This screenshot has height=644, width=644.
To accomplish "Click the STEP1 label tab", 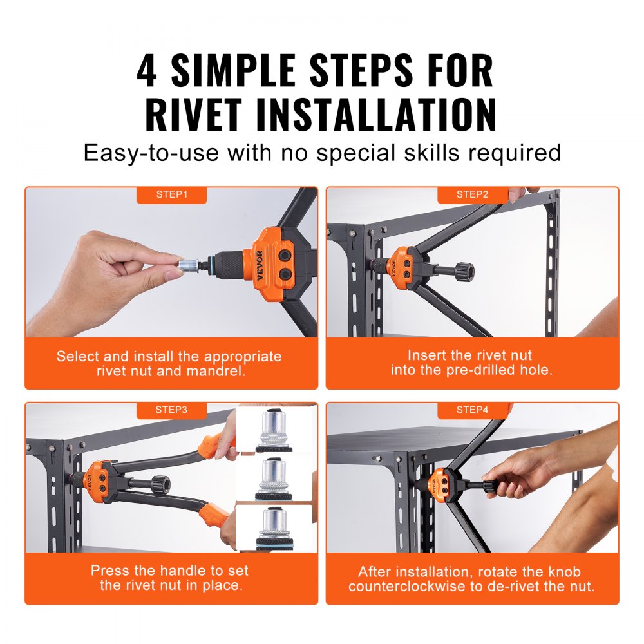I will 171,194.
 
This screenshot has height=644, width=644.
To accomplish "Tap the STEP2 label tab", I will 472,194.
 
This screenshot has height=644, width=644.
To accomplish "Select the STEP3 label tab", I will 171,409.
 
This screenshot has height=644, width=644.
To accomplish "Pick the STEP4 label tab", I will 472,409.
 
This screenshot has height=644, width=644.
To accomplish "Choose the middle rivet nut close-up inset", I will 275,480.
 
